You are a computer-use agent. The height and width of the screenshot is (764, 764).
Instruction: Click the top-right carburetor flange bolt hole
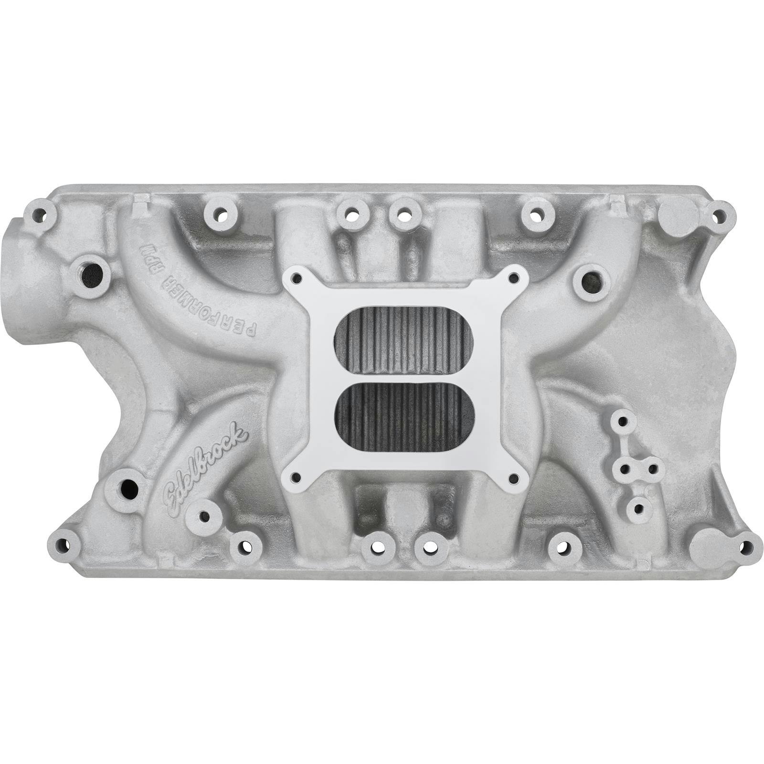click(x=513, y=276)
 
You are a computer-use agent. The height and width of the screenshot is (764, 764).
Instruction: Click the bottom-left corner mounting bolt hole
click(x=63, y=544)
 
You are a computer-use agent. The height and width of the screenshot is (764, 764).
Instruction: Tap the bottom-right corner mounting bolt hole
click(x=744, y=546)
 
